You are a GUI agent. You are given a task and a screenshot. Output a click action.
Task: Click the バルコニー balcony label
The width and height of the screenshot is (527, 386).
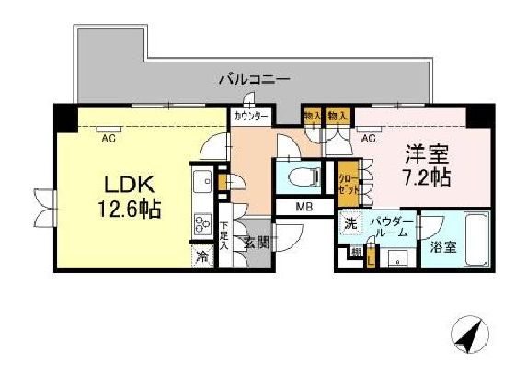pyautogui.click(x=254, y=80)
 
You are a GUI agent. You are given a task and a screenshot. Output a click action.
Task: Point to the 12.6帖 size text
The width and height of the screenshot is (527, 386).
pyautogui.click(x=127, y=209)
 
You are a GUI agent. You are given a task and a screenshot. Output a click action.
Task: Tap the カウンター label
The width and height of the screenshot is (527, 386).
pyautogui.click(x=250, y=117)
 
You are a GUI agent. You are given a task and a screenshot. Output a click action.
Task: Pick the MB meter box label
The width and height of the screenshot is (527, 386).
pyautogui.click(x=304, y=207)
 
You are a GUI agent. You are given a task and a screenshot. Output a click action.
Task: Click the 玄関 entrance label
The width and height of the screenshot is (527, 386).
pyautogui.click(x=255, y=243)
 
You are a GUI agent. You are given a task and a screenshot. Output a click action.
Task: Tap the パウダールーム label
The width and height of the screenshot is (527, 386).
pyautogui.click(x=391, y=228)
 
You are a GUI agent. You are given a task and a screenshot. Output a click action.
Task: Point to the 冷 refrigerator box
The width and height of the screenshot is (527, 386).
pyautogui.click(x=201, y=257)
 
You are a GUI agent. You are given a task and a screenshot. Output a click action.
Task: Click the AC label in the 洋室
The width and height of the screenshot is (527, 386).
pyautogui.click(x=368, y=140)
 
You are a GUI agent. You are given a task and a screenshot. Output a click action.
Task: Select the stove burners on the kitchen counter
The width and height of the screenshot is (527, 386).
pyautogui.click(x=200, y=223)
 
